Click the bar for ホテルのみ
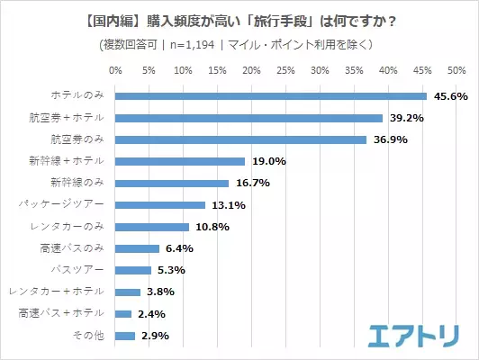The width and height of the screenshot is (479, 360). (271, 96)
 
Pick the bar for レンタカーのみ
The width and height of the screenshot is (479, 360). (152, 227)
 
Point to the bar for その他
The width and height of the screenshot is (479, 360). (125, 336)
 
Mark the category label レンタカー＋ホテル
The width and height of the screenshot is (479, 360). (56, 292)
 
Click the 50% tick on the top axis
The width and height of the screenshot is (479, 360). (456, 70)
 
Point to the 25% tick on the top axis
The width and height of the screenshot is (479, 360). (285, 70)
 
